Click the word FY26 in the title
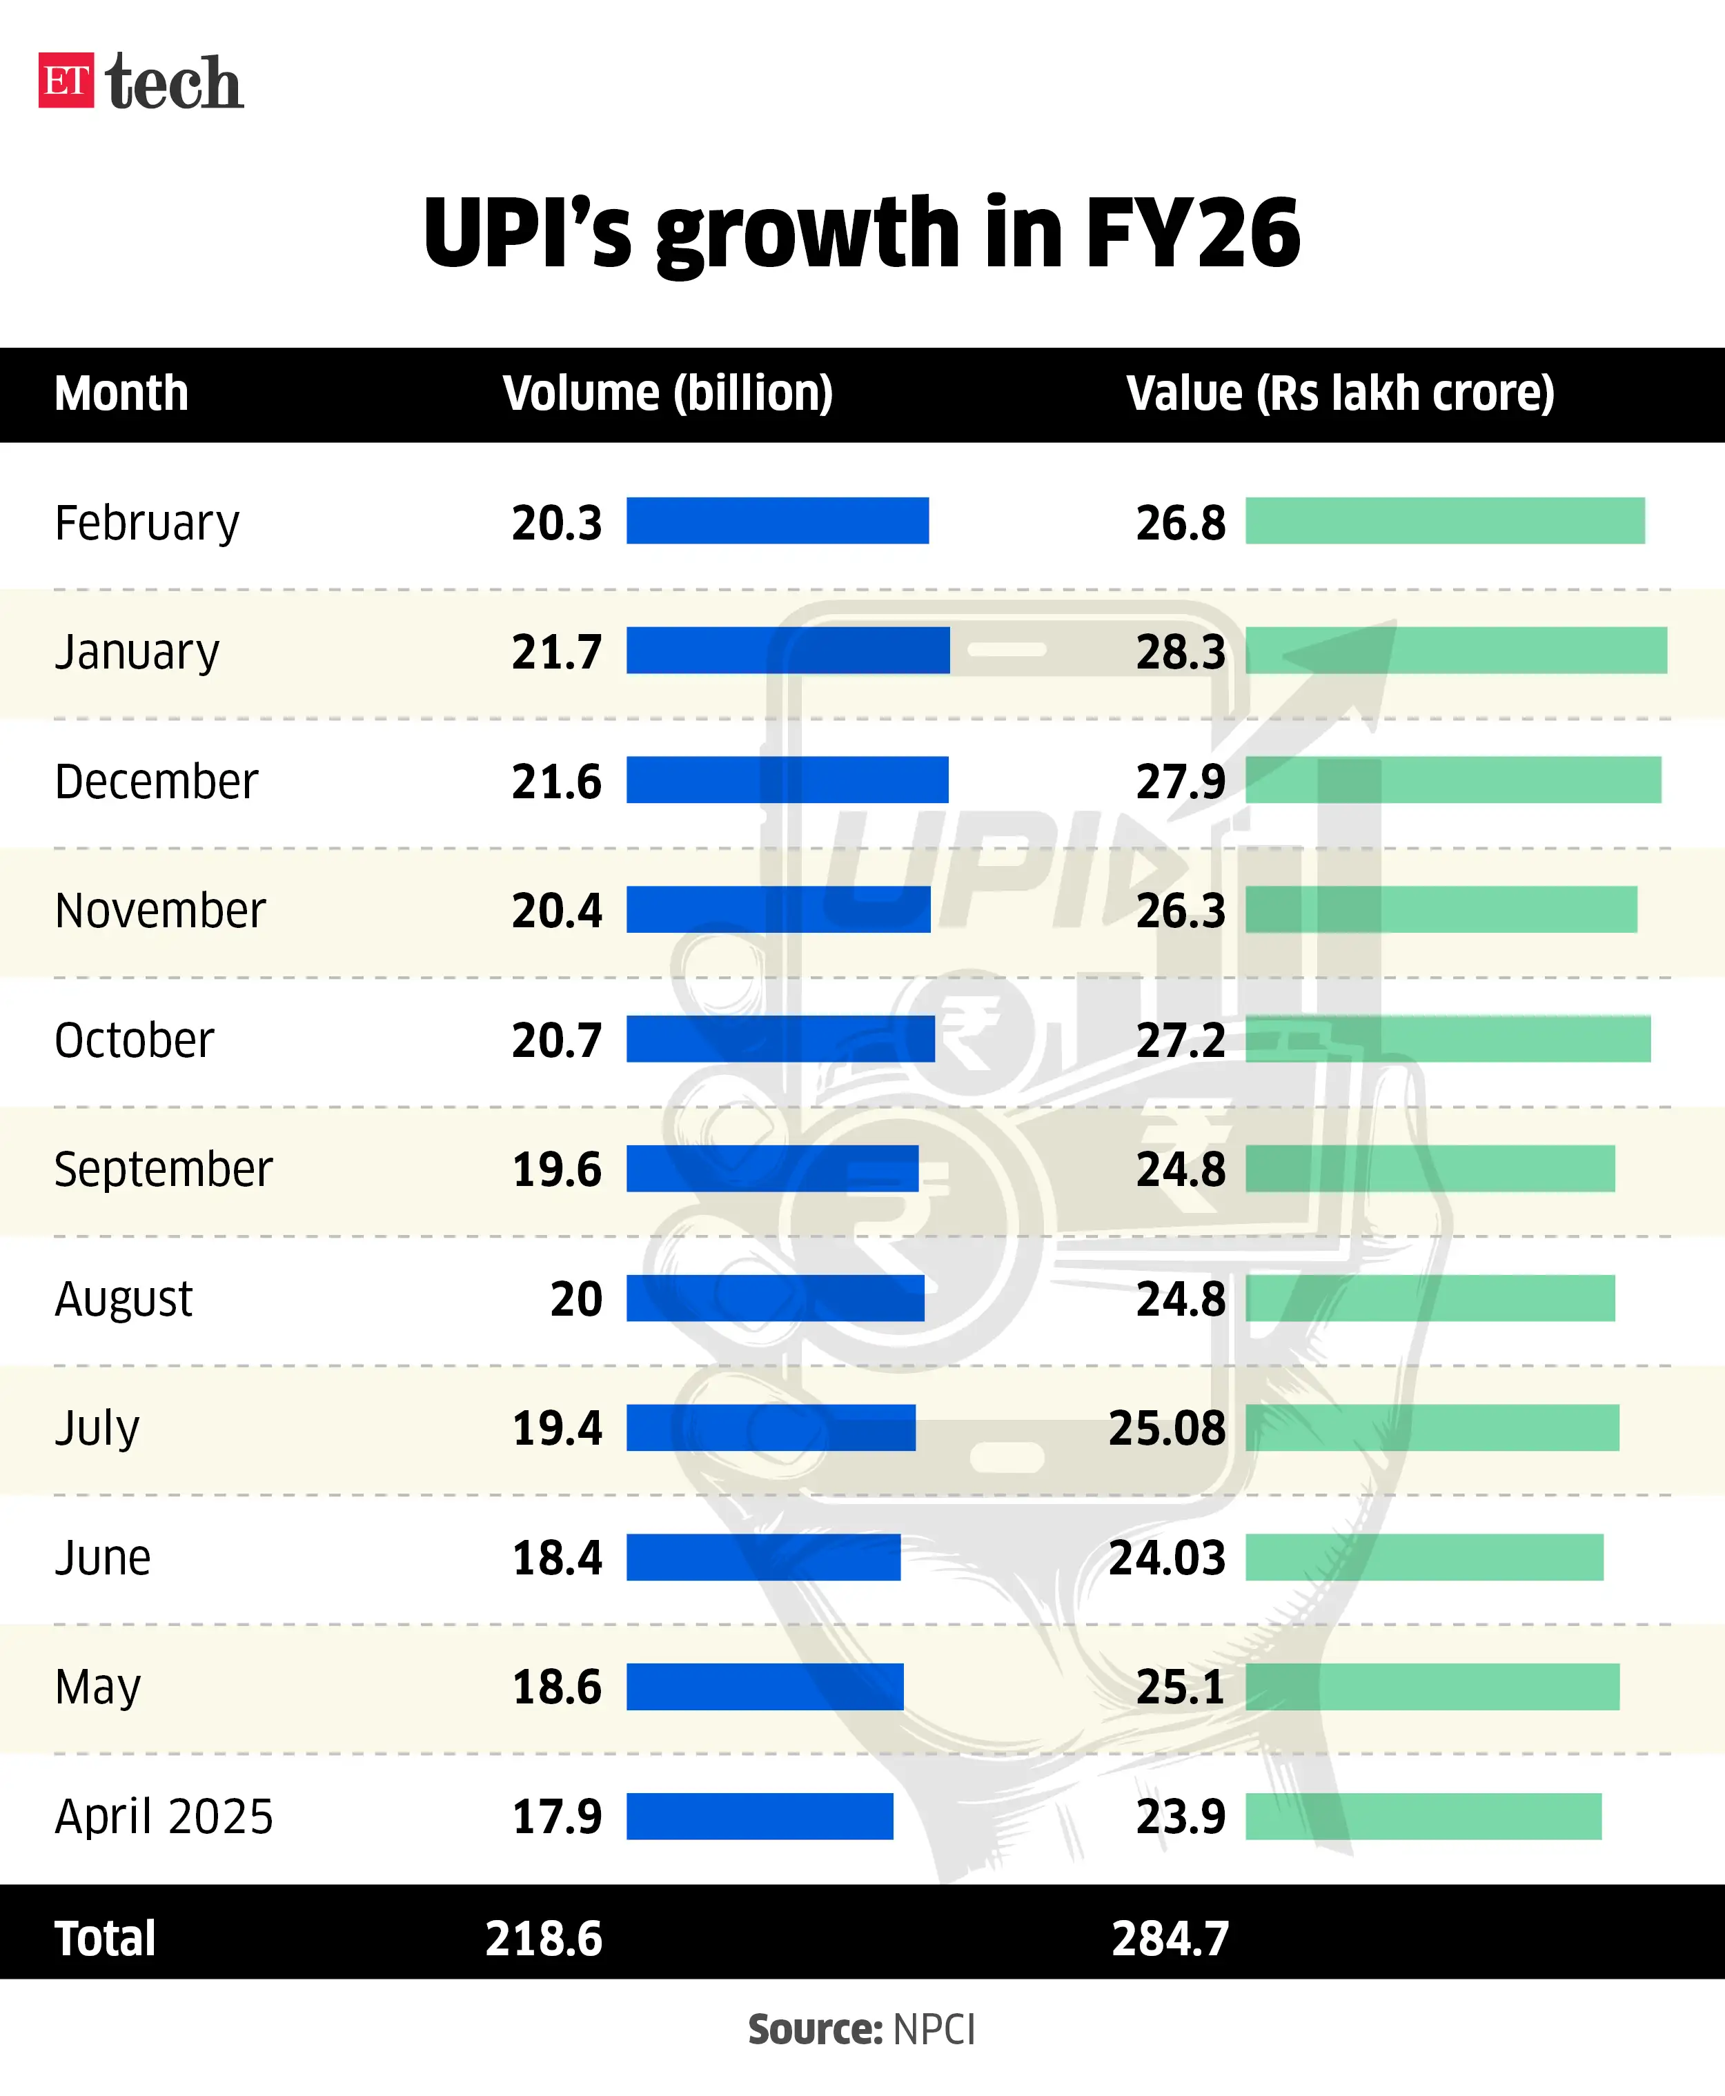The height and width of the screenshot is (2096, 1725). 1192,233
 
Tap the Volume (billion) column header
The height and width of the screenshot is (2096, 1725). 668,393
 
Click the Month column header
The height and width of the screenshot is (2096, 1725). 121,393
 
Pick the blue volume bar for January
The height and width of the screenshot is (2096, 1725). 787,651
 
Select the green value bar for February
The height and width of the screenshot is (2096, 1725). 1445,520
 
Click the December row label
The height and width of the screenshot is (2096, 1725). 156,781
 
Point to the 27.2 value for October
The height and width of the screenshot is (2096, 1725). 1181,1040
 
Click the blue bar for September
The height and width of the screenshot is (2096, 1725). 772,1168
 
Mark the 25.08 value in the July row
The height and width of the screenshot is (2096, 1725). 1167,1428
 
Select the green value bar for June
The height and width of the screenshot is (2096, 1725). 1424,1556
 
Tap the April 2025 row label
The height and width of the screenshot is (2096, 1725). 163,1817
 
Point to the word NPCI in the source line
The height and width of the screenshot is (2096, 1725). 934,2030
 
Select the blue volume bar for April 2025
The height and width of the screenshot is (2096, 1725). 759,1816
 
